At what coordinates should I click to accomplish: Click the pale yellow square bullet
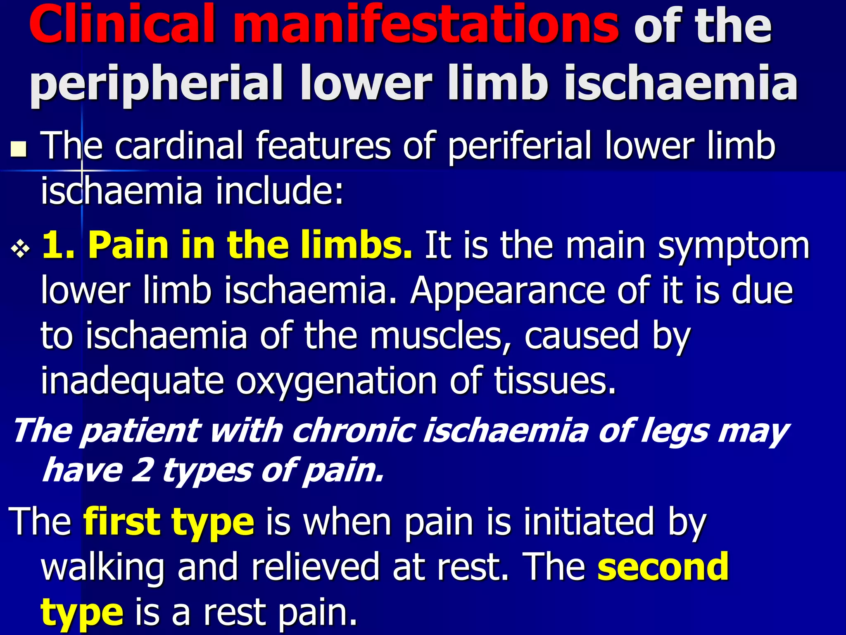pos(18,149)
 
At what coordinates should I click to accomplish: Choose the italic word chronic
pos(354,431)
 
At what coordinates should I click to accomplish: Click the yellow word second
pos(663,567)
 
